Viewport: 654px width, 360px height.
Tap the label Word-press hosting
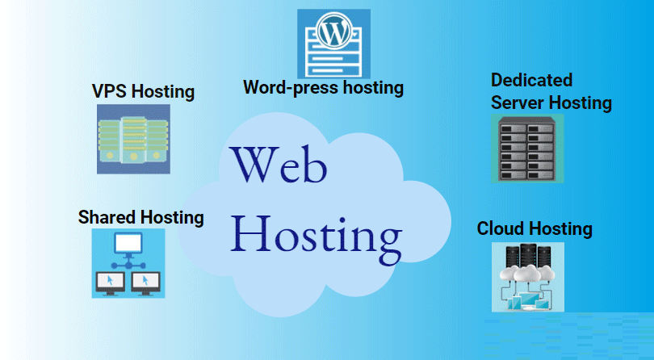[323, 86]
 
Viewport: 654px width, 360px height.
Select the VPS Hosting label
[143, 91]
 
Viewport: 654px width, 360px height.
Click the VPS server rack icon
[132, 138]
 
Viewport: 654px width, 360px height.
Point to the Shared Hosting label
[140, 217]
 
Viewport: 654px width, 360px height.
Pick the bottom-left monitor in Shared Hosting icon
[111, 280]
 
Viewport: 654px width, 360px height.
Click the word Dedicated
[531, 80]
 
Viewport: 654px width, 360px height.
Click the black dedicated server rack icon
[527, 148]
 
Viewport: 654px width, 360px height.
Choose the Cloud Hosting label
[535, 228]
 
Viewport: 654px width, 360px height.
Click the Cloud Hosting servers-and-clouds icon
[527, 276]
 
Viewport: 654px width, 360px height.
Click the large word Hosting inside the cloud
[316, 234]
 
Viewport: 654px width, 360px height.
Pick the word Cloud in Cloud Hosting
[500, 228]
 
